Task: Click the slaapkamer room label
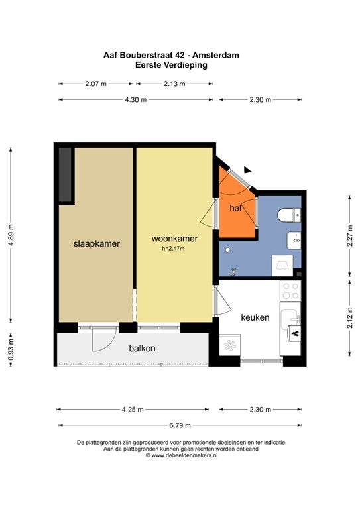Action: [96, 244]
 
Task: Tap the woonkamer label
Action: [174, 239]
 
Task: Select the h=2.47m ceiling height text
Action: [173, 249]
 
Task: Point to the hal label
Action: [235, 208]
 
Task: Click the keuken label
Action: [255, 317]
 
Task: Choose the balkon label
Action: [142, 349]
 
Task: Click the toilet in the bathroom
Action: [289, 215]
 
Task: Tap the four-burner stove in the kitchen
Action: [290, 291]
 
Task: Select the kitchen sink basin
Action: [289, 317]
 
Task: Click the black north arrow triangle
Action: [247, 170]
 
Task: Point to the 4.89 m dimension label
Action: [11, 235]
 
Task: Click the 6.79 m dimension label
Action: [180, 425]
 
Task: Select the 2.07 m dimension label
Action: [95, 84]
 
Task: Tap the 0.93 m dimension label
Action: [11, 349]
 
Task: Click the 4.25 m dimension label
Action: [133, 410]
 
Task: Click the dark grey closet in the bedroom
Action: [65, 175]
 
